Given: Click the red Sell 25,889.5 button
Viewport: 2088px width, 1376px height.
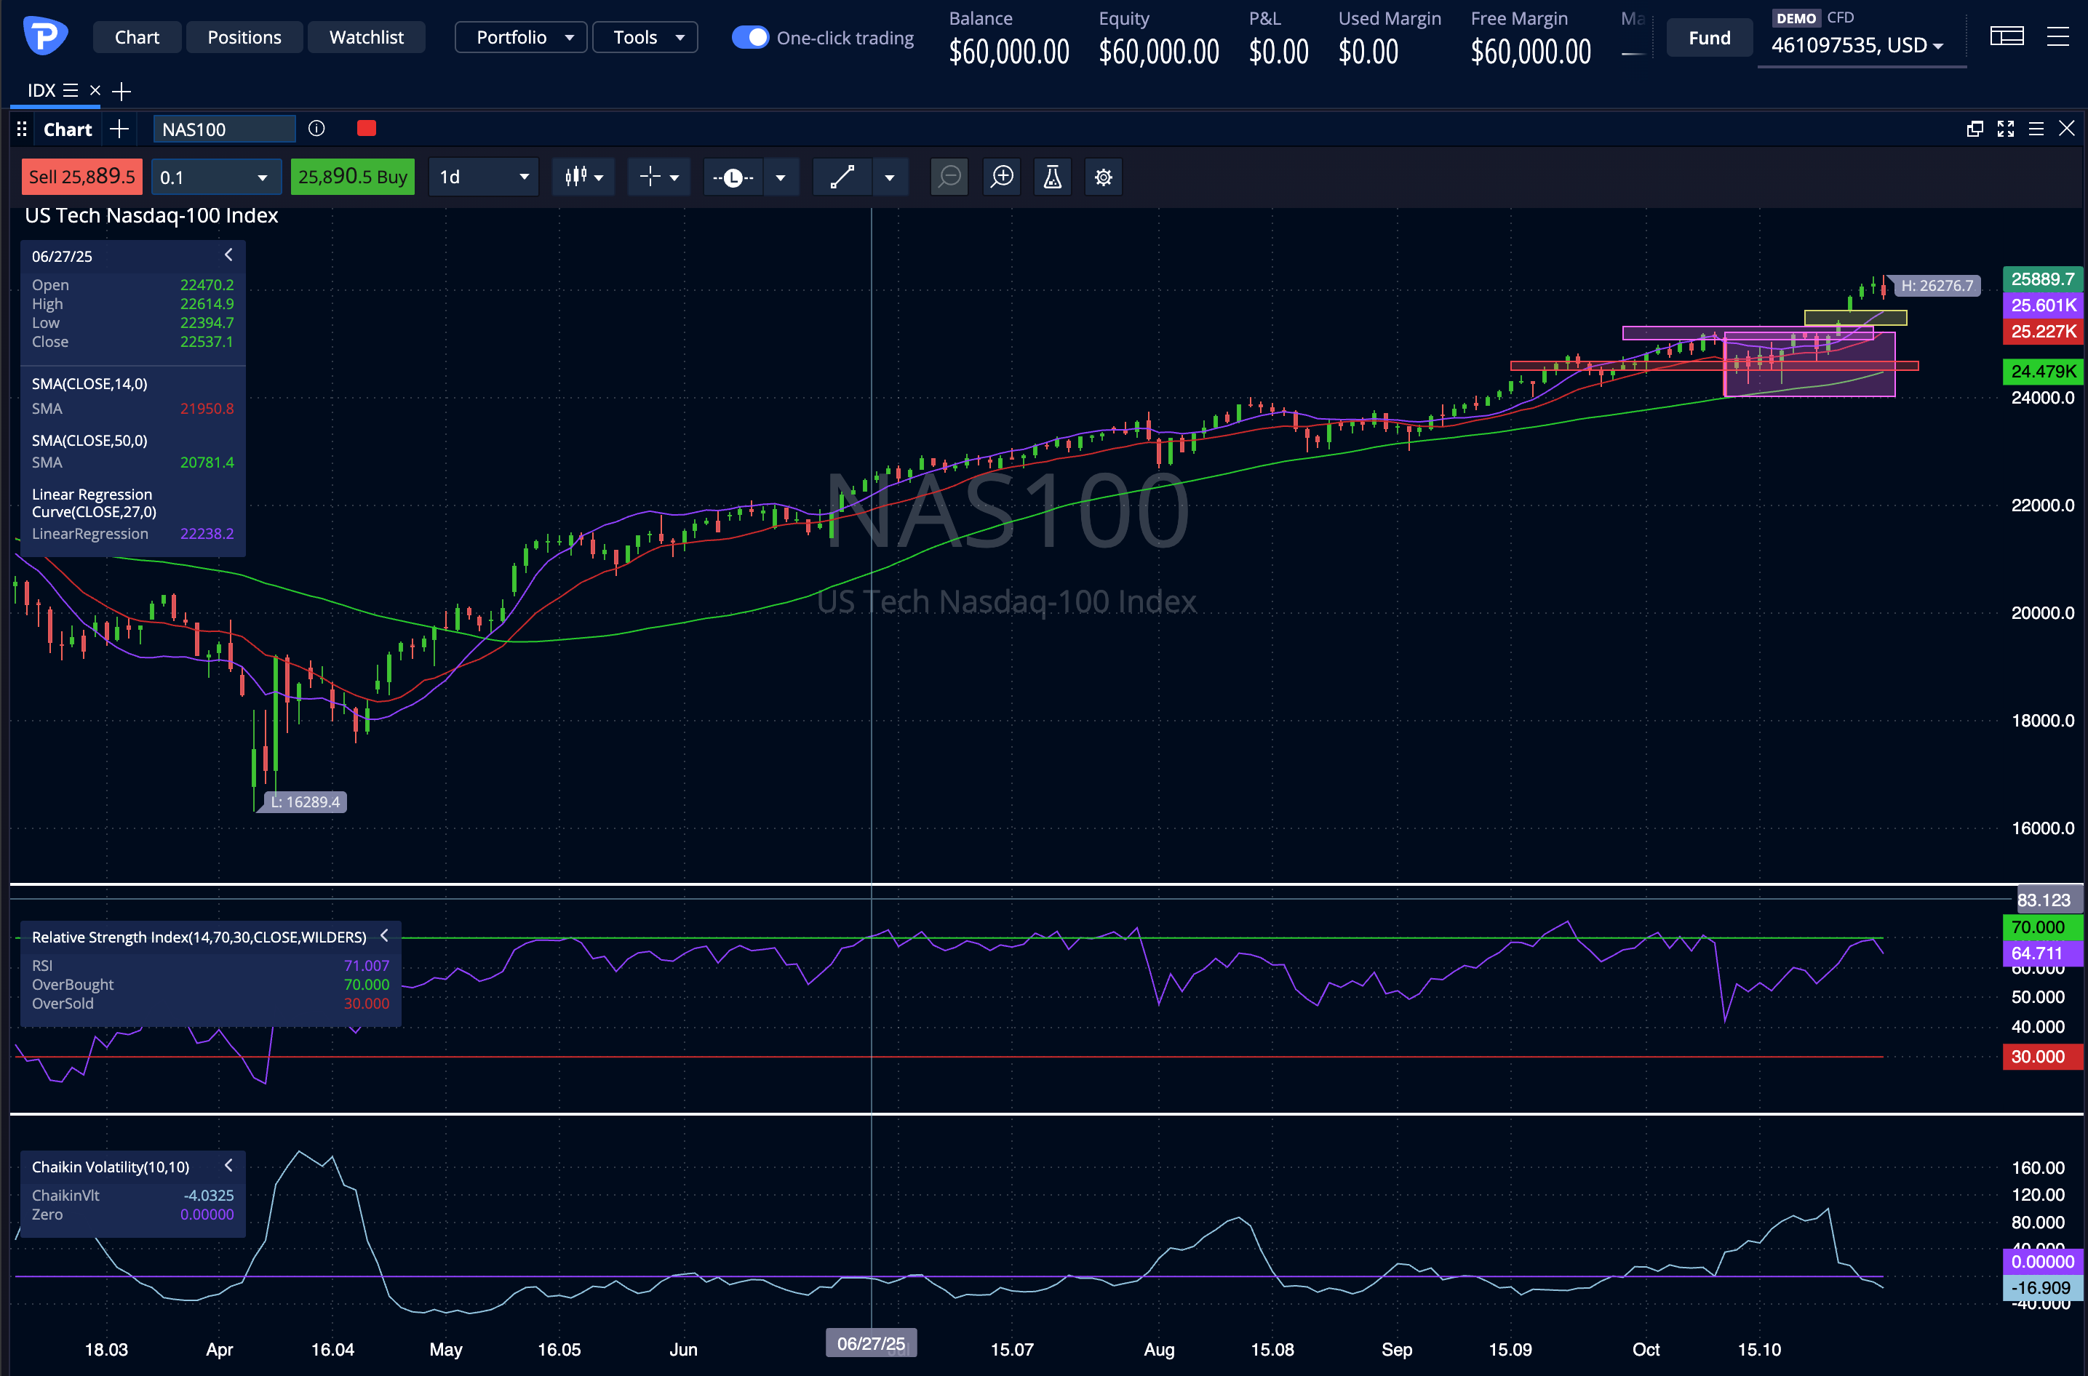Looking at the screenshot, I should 81,177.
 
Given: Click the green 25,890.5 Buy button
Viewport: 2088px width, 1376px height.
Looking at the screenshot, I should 352,177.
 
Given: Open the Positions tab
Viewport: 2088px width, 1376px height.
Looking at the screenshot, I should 244,38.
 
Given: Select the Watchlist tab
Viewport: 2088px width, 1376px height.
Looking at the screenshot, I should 366,38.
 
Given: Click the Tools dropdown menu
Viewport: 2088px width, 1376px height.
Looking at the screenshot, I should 645,38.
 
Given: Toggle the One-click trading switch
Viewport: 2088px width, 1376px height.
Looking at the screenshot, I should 750,38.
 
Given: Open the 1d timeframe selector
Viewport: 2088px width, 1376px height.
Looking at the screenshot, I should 484,177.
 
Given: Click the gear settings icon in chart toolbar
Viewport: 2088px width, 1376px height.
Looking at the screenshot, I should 1103,177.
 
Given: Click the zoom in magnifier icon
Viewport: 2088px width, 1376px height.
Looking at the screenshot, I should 1001,177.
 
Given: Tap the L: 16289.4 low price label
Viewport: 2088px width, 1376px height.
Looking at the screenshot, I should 305,802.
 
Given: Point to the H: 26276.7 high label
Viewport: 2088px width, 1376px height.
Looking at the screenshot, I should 1936,286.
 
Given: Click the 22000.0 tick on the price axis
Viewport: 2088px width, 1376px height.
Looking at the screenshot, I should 2042,505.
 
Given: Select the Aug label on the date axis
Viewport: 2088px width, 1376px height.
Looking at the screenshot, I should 1158,1350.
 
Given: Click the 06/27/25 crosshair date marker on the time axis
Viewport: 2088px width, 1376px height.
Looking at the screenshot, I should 871,1343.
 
